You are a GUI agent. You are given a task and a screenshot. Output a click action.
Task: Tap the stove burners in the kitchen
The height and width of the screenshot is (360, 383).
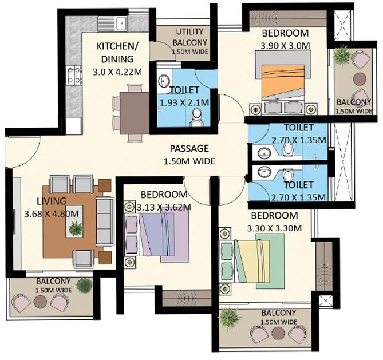click(74, 76)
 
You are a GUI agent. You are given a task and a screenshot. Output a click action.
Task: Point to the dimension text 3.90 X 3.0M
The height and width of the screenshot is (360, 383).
click(285, 45)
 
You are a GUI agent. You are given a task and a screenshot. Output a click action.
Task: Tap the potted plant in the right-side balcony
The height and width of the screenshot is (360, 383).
click(343, 56)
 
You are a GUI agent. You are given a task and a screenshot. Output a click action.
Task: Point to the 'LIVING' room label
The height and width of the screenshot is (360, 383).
click(53, 201)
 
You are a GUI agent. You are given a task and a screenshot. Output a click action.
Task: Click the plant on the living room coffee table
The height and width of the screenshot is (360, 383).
click(76, 228)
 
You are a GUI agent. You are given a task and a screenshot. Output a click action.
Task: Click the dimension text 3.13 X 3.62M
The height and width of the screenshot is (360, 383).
click(163, 207)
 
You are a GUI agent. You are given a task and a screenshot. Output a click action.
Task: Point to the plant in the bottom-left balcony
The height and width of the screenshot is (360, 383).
click(85, 285)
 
